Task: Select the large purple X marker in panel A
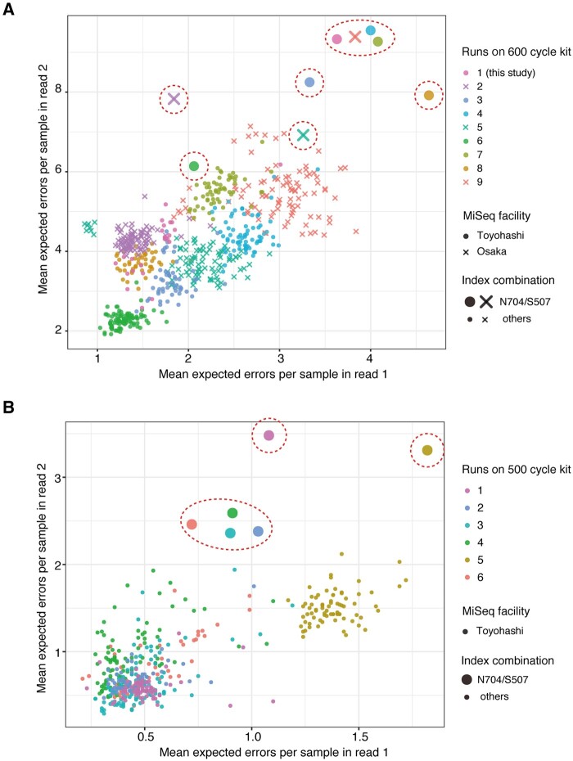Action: point(174,99)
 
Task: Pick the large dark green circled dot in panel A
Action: point(194,166)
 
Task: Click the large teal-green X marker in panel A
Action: point(304,134)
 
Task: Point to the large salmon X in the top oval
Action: point(355,36)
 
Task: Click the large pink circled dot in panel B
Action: point(268,435)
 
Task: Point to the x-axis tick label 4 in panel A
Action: point(371,359)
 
